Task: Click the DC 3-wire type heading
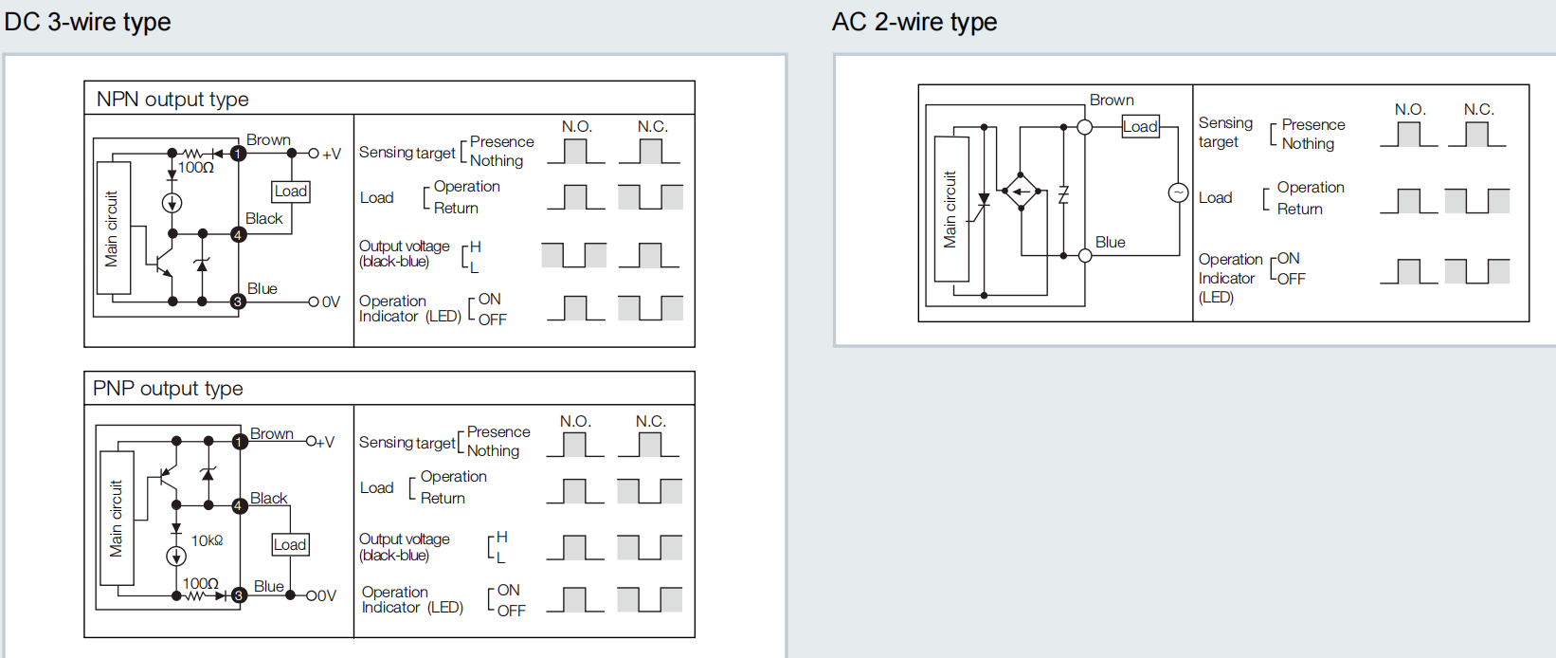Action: click(x=87, y=22)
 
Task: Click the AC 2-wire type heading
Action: click(x=914, y=22)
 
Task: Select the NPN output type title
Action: click(x=172, y=99)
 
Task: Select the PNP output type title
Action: click(x=168, y=389)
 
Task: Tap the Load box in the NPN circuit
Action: click(x=290, y=192)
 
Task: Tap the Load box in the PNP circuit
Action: click(x=290, y=544)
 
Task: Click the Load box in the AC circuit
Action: click(x=1140, y=127)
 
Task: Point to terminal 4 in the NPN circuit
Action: click(x=238, y=234)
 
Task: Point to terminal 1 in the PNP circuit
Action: click(x=240, y=442)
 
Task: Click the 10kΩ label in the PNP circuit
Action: click(x=207, y=540)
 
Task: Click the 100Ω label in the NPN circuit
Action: click(x=196, y=168)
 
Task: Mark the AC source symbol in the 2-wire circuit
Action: click(x=1178, y=193)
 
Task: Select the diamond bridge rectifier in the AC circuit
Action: click(x=1021, y=192)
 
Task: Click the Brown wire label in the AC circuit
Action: click(x=1112, y=101)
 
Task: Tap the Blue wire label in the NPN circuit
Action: click(x=262, y=288)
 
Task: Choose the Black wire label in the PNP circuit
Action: click(x=268, y=498)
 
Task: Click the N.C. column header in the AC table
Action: click(x=1478, y=110)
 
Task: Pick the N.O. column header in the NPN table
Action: click(x=576, y=127)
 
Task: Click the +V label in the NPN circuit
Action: click(x=331, y=154)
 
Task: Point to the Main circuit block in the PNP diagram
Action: click(x=117, y=518)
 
